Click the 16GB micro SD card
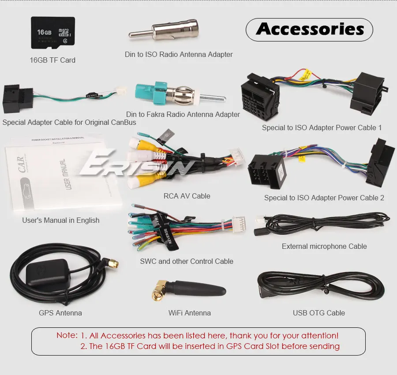click(x=52, y=33)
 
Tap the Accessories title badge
click(x=309, y=30)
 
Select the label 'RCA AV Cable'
click(x=187, y=196)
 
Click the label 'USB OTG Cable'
click(x=318, y=313)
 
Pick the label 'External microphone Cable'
click(x=324, y=246)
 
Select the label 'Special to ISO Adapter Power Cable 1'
click(x=322, y=127)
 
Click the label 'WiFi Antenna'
click(x=189, y=313)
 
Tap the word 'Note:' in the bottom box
click(x=67, y=335)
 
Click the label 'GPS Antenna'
click(x=60, y=313)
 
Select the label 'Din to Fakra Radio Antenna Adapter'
click(x=183, y=114)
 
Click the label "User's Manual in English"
click(x=61, y=220)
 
